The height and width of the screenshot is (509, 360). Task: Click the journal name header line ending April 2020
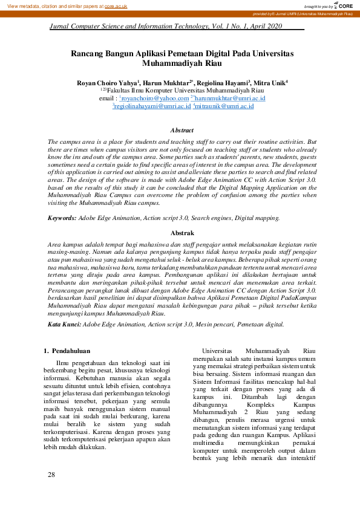tap(166, 27)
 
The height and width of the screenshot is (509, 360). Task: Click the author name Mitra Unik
tap(269, 82)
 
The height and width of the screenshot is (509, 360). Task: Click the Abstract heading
tap(182, 130)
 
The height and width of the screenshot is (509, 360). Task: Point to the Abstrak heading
tap(182, 233)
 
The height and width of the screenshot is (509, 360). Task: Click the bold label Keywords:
tap(63, 217)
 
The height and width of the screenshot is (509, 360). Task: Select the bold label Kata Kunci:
tap(64, 325)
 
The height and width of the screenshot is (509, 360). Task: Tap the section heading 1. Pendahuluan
tap(68, 350)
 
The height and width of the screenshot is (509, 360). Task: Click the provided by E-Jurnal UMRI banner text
tap(304, 13)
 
